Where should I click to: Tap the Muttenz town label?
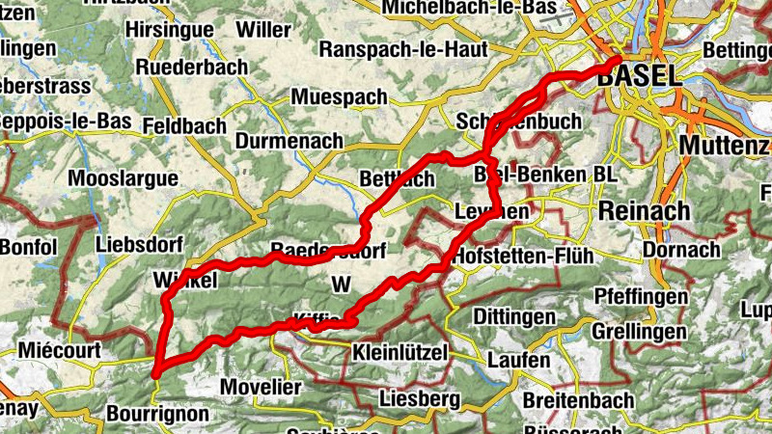tap(724, 145)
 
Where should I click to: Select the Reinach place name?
tap(645, 211)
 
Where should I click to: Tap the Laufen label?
tap(518, 360)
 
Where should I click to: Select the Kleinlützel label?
tap(400, 352)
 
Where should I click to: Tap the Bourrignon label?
tap(158, 414)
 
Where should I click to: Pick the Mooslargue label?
tap(124, 178)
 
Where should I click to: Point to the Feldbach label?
tap(183, 126)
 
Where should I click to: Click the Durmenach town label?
tap(289, 141)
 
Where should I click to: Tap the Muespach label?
tap(339, 97)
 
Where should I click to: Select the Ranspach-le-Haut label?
tap(395, 48)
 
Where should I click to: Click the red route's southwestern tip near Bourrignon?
tap(155, 367)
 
